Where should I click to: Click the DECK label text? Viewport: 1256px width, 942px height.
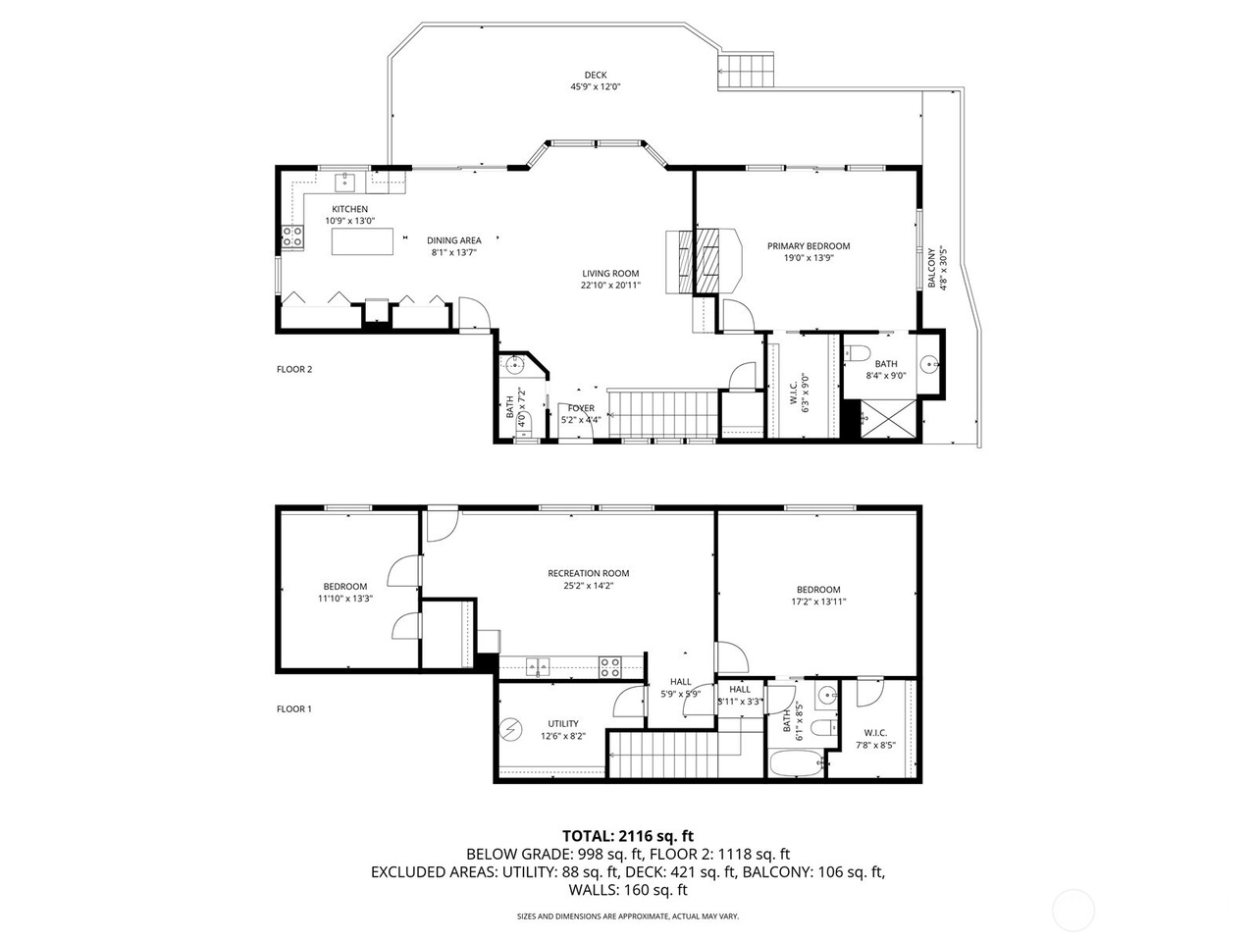pyautogui.click(x=596, y=75)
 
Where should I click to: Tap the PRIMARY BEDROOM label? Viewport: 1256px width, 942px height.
pyautogui.click(x=809, y=246)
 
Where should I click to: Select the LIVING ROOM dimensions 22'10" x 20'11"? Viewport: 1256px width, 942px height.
pyautogui.click(x=610, y=286)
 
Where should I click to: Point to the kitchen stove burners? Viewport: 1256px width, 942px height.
pyautogui.click(x=292, y=235)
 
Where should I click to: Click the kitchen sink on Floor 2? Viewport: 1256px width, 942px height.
pyautogui.click(x=346, y=182)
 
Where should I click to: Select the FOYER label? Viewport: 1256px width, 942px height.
pyautogui.click(x=580, y=408)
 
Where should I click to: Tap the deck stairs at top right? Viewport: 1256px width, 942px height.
pyautogui.click(x=750, y=72)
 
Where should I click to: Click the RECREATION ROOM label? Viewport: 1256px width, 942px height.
pyautogui.click(x=589, y=573)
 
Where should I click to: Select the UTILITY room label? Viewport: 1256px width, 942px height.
pyautogui.click(x=563, y=724)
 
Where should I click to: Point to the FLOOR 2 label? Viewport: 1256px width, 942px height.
pyautogui.click(x=294, y=370)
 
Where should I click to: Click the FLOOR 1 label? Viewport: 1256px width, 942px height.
pyautogui.click(x=294, y=708)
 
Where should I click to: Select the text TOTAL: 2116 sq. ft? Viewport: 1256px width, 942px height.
pyautogui.click(x=627, y=836)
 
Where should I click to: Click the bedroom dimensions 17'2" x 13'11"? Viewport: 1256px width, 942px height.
pyautogui.click(x=818, y=602)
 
